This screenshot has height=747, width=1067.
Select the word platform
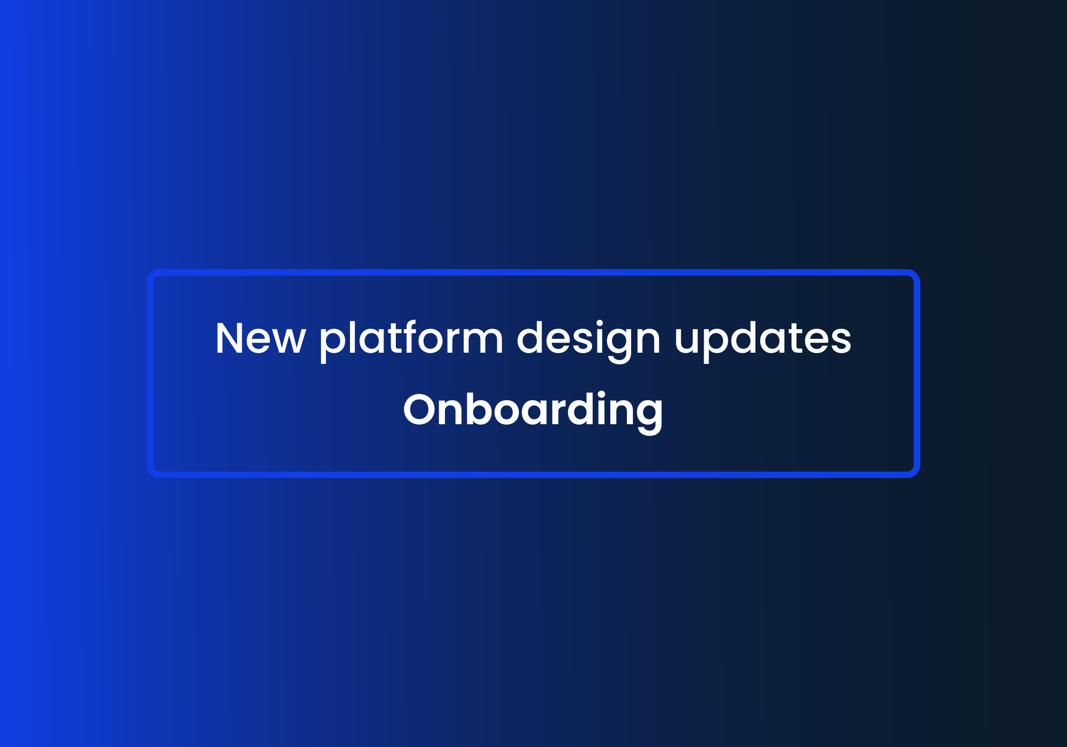(x=411, y=339)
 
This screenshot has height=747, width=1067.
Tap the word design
(x=588, y=339)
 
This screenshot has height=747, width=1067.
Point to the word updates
(x=763, y=339)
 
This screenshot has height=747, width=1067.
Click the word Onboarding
(x=533, y=410)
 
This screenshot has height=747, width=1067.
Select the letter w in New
(x=289, y=341)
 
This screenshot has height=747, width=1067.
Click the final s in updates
(x=840, y=341)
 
